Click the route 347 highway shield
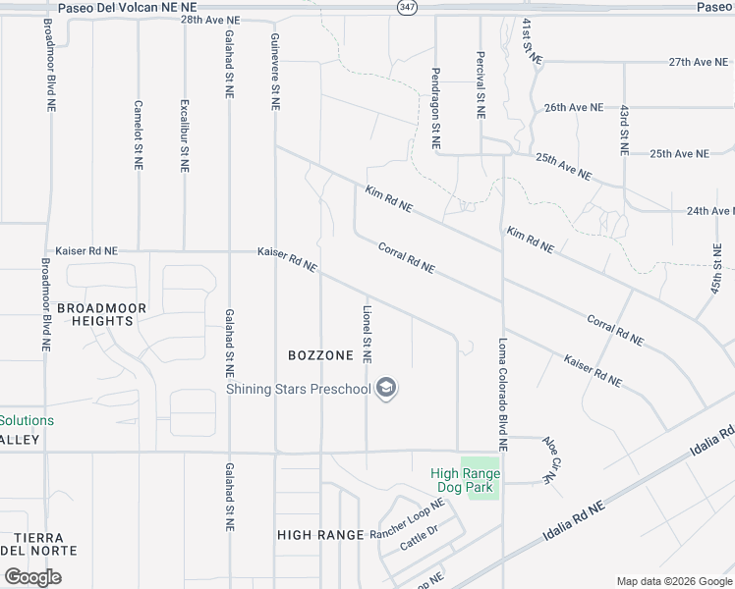[407, 7]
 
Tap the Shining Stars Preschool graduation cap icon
[388, 389]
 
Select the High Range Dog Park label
[466, 480]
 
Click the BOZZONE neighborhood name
[320, 354]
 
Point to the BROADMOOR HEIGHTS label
[102, 314]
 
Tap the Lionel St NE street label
[367, 333]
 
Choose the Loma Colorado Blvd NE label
[502, 394]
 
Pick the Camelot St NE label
[139, 136]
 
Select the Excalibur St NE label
[184, 135]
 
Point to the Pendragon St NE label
[434, 109]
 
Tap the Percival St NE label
[481, 85]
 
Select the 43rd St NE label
[623, 131]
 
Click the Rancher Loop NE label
[408, 519]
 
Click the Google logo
[32, 576]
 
